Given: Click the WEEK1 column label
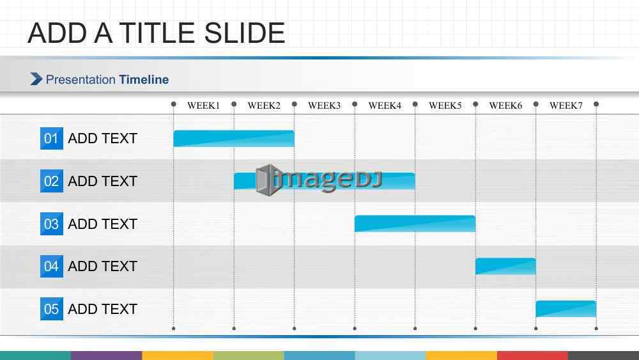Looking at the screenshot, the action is point(203,106).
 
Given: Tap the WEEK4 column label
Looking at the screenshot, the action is point(385,106).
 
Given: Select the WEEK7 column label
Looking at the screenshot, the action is point(566,106).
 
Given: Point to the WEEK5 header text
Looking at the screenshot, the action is point(445,106).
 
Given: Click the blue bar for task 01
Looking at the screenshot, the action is point(233,139).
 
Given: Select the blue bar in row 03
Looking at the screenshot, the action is point(415,224).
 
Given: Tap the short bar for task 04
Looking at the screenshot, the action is point(505,266).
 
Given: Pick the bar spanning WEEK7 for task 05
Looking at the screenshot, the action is point(566,309).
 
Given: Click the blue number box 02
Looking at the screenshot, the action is point(52,181).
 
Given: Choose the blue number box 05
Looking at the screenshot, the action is point(52,309).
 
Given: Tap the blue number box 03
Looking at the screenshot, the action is point(52,224).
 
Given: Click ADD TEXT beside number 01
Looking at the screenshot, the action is point(102,139).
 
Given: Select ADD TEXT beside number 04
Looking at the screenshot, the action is point(102,266).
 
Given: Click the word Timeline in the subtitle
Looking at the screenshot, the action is point(144,79).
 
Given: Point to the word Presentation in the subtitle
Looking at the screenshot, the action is point(81,79).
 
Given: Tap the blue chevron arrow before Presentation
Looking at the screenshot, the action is point(36,79).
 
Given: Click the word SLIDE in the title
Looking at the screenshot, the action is point(244,33).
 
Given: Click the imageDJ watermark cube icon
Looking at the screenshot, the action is point(268,180).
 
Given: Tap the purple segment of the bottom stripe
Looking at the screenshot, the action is point(106,356).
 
